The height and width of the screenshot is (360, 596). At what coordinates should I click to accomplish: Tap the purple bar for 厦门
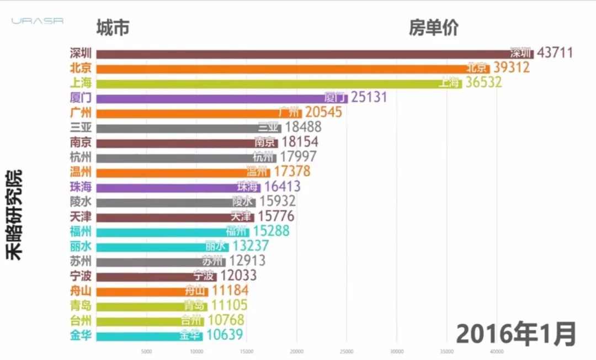(x=221, y=98)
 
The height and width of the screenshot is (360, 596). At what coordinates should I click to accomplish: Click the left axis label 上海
(x=81, y=83)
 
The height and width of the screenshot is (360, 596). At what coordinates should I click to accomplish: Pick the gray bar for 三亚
(x=188, y=128)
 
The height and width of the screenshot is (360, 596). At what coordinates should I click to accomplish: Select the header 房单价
(x=433, y=28)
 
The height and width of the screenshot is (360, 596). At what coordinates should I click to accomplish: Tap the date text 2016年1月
(x=516, y=333)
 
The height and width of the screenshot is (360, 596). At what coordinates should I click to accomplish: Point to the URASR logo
(x=38, y=21)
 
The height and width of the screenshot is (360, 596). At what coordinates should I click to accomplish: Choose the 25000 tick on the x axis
(x=347, y=351)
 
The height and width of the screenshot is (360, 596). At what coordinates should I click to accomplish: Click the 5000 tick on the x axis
(x=147, y=351)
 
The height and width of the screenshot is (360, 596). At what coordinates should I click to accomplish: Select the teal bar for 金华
(x=149, y=335)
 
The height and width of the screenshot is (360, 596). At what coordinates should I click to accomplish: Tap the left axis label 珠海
(x=81, y=187)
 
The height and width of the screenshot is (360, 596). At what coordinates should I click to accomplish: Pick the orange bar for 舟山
(x=152, y=290)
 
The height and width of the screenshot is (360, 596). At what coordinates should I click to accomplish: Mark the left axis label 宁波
(x=81, y=276)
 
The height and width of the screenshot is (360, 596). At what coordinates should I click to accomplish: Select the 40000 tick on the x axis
(x=497, y=351)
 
